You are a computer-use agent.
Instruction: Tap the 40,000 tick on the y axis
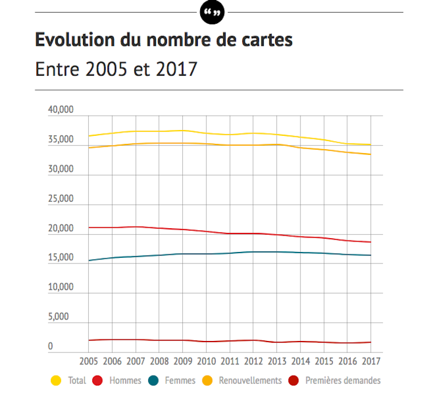tap(60, 110)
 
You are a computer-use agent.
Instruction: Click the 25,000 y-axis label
tap(60, 199)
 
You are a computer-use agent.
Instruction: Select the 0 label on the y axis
tap(66, 347)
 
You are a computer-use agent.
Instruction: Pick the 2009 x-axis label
tap(183, 362)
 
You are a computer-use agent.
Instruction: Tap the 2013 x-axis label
tap(277, 362)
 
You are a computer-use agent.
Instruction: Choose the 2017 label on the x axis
tap(370, 362)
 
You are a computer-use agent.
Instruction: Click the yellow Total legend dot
tap(56, 380)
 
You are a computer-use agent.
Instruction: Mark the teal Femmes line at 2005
tap(89, 261)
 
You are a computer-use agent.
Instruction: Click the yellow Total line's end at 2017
tap(370, 144)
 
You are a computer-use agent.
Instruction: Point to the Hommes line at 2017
tap(370, 242)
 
